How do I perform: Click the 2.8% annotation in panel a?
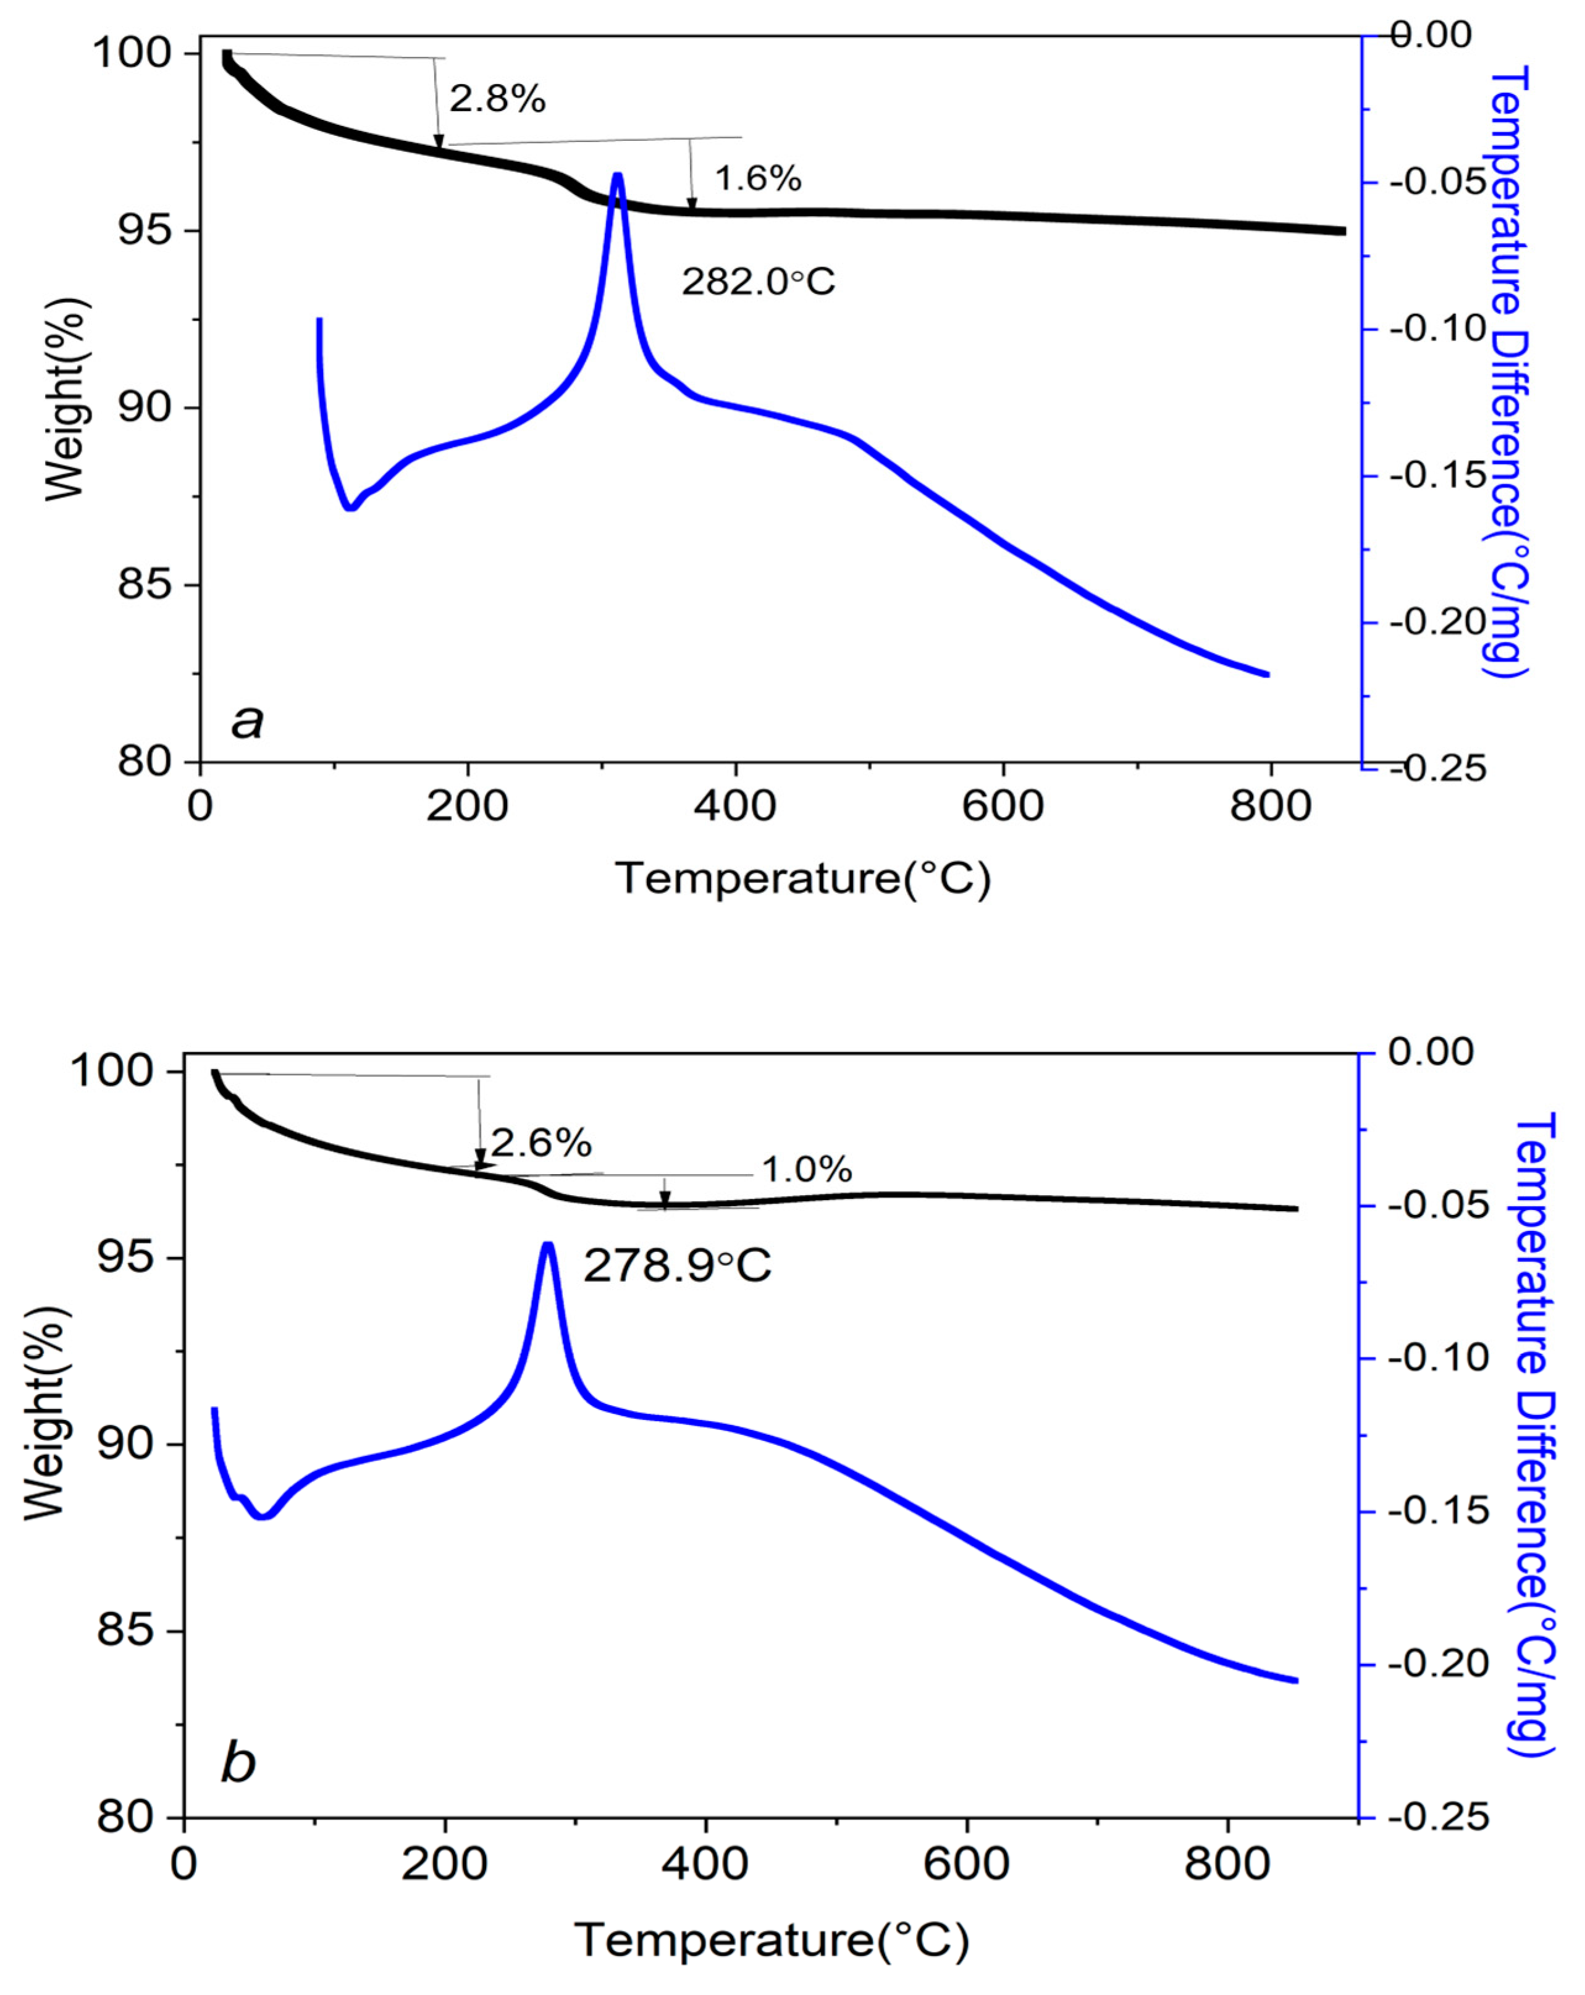[x=497, y=98]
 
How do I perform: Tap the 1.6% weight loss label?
[x=757, y=178]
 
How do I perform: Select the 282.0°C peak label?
[x=758, y=281]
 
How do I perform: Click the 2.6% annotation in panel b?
[x=540, y=1144]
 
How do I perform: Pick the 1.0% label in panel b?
[x=806, y=1170]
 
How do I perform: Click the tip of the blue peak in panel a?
[x=617, y=175]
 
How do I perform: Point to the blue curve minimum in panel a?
[x=350, y=508]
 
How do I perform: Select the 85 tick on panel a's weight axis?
[x=145, y=585]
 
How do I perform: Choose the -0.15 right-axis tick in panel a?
[x=1437, y=476]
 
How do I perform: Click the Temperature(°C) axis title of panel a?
[x=802, y=877]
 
